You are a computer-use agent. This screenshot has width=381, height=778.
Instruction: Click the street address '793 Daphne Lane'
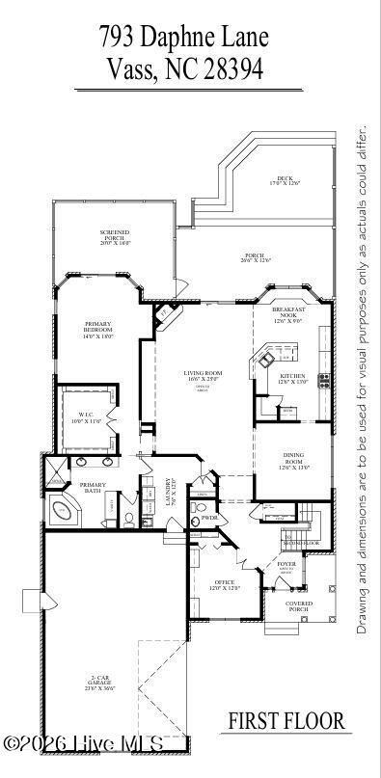click(x=183, y=38)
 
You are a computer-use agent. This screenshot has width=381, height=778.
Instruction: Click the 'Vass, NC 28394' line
click(x=183, y=69)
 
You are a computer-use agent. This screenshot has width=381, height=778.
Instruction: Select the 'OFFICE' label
click(x=225, y=584)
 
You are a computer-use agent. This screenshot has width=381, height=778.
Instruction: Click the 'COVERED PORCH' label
click(x=298, y=606)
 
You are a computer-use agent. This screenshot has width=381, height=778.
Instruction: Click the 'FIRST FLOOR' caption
click(x=286, y=720)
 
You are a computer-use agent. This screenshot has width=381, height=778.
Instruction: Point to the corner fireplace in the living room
click(x=165, y=315)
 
